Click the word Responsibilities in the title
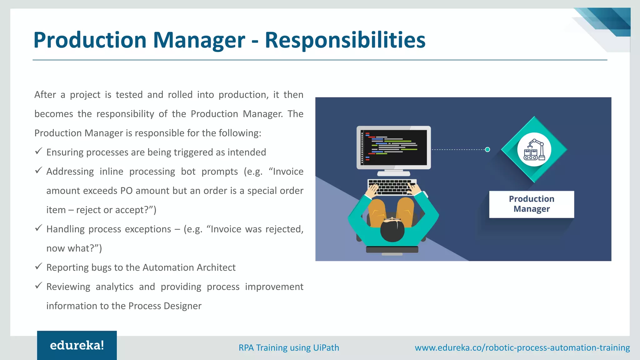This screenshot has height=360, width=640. coord(345,40)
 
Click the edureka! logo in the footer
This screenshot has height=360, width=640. coord(77,345)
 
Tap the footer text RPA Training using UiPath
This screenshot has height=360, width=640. coord(289,347)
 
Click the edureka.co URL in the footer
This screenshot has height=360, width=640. coord(522,347)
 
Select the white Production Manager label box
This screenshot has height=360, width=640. coord(531,204)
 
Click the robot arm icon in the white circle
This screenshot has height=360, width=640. coord(534,150)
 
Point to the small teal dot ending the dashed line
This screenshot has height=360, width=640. coord(487,150)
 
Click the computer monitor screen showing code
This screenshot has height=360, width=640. coord(394,147)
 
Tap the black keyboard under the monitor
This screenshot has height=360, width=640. coord(392,187)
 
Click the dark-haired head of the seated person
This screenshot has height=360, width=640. coord(392,230)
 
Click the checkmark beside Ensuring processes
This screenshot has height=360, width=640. coord(38,152)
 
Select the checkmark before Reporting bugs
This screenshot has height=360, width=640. coord(38,267)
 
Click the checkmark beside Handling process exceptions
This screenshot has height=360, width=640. coord(38,228)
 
